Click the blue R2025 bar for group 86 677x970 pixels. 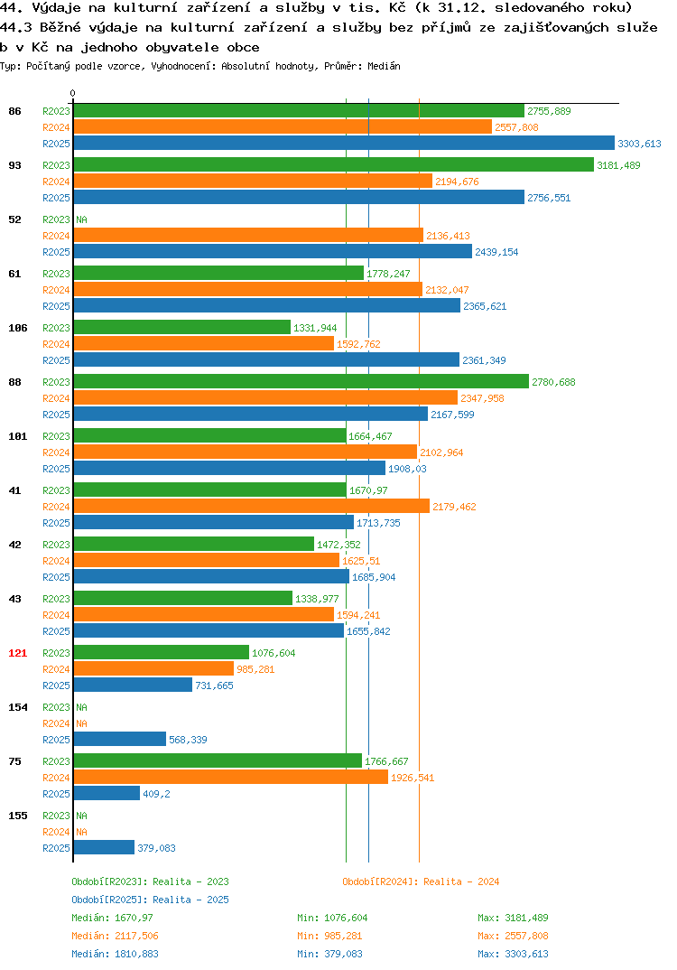pos(344,143)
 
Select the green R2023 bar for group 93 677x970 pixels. pos(334,164)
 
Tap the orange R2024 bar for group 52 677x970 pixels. pos(248,235)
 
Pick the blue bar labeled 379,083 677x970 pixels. pos(104,847)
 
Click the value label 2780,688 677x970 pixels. pos(553,382)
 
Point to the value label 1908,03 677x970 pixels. pos(407,469)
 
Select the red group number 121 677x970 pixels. pos(18,653)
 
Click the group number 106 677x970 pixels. pos(18,328)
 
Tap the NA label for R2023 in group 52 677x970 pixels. pos(81,219)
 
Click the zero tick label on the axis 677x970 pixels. pos(73,93)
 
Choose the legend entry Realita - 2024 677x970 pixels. pos(421,881)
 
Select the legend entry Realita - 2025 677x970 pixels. pos(150,900)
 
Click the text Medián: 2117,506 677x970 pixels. pos(115,936)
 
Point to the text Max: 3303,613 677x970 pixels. pos(513,954)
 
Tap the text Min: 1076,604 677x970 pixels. pos(332,918)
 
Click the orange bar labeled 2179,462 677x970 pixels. pos(252,506)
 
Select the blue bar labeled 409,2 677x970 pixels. pos(107,793)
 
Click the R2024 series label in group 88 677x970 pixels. pos(56,398)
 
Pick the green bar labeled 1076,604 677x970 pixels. pos(162,653)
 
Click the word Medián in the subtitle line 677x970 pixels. pos(384,66)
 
